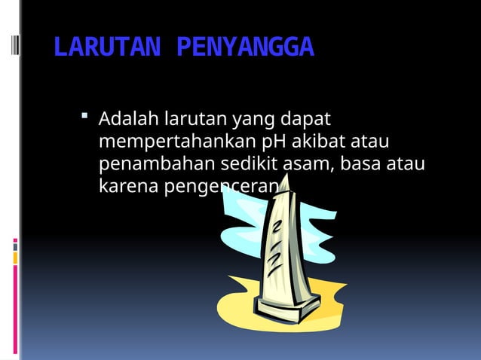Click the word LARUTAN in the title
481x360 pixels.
106,49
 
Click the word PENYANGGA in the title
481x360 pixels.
244,49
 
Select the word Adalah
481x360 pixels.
125,119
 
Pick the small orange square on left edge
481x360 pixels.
14,258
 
